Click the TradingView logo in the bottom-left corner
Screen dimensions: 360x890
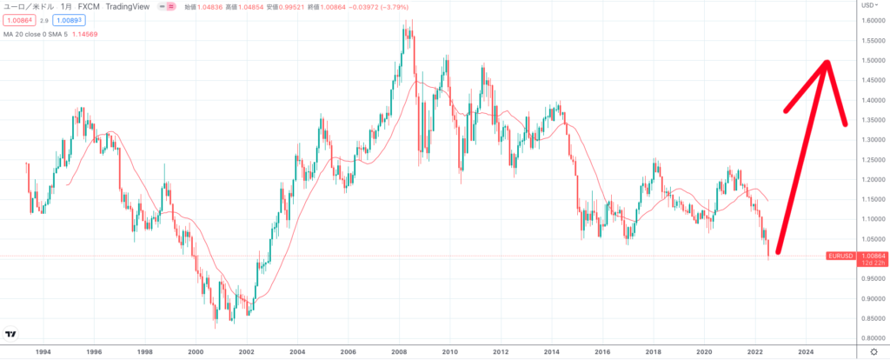[x=11, y=333]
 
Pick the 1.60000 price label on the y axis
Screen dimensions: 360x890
[x=872, y=20]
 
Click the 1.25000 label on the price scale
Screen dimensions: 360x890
[x=872, y=159]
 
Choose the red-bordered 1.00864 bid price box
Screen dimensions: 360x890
[x=18, y=20]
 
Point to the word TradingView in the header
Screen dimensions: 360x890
[x=131, y=5]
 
